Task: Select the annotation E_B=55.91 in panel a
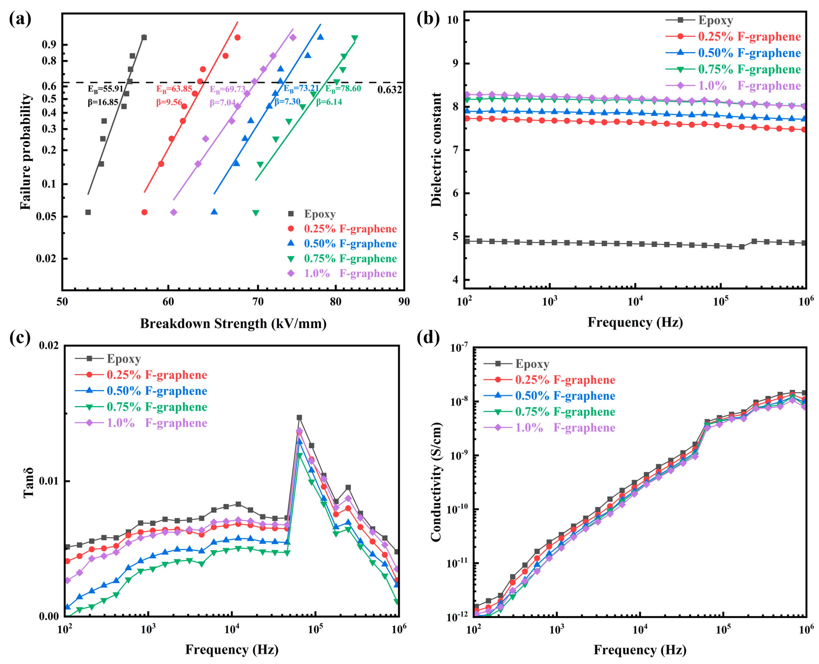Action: point(105,89)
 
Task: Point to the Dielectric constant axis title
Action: point(436,150)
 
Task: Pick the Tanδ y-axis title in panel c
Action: point(29,482)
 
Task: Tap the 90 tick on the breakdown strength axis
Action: point(404,302)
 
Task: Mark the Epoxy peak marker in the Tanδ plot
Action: point(299,418)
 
